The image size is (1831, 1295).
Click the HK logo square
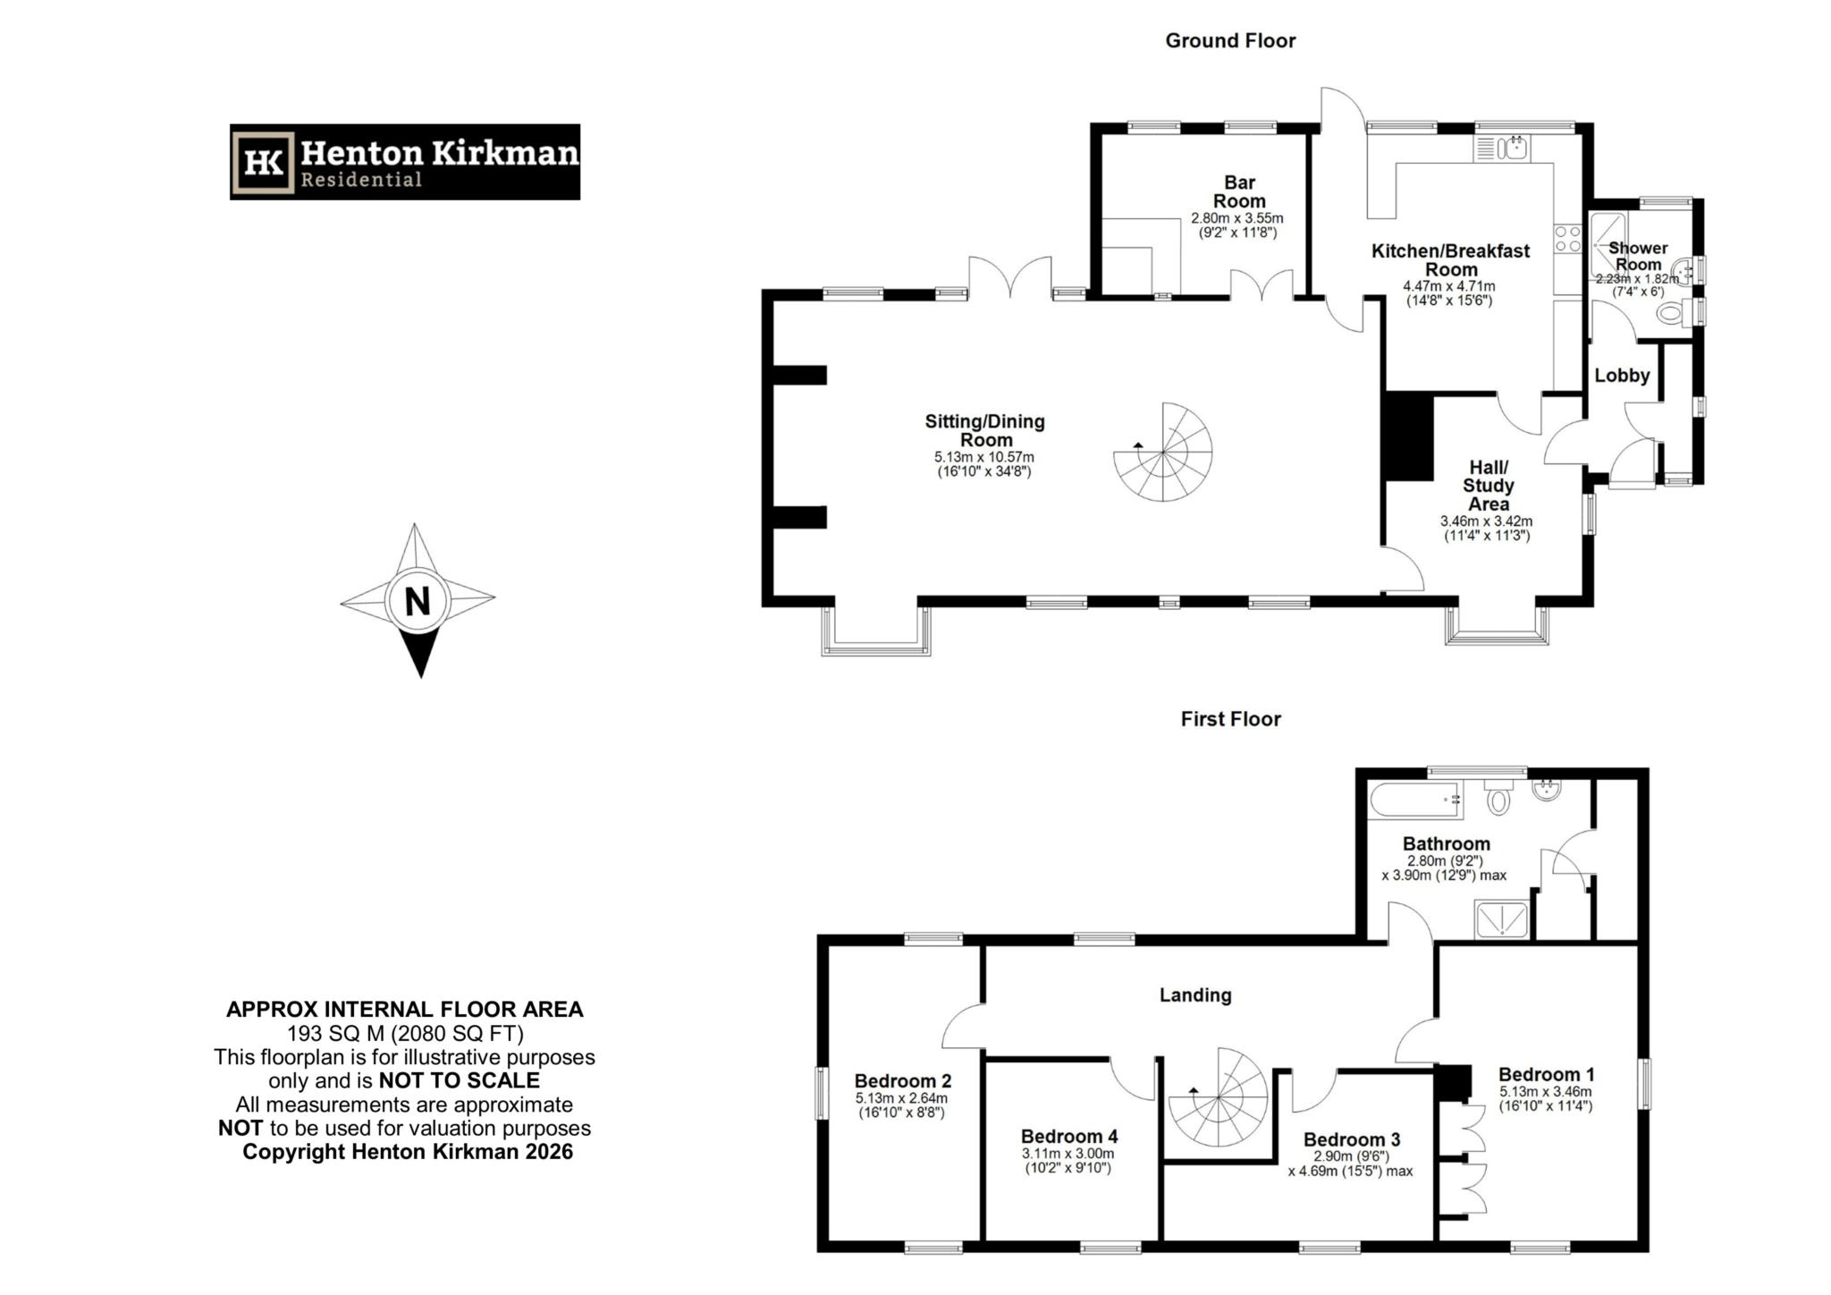click(x=264, y=162)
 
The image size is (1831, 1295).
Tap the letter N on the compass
click(x=418, y=601)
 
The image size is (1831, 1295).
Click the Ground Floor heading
click(x=1229, y=40)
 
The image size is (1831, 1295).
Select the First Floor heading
click(x=1230, y=719)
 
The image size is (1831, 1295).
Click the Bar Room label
click(x=1238, y=192)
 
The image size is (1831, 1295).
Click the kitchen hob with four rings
click(x=1567, y=239)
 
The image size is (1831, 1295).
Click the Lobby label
click(x=1622, y=376)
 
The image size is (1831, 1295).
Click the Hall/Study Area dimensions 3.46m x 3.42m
click(x=1487, y=521)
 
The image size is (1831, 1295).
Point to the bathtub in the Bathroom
click(x=1413, y=800)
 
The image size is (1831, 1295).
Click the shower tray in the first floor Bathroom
click(x=1501, y=920)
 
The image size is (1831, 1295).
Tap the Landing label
click(x=1195, y=995)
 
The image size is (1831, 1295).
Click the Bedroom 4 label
click(x=1068, y=1136)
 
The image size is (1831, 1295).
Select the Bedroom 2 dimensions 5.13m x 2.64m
click(x=901, y=1098)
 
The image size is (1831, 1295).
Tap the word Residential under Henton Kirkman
click(x=360, y=180)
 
